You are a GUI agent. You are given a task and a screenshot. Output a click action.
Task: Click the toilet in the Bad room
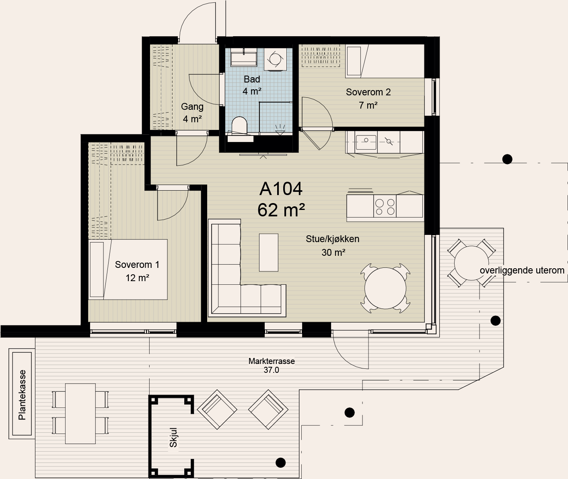point(239,125)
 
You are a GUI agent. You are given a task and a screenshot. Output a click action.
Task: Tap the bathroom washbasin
point(244,58)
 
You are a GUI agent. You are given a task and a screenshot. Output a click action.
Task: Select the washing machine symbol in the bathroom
point(275,59)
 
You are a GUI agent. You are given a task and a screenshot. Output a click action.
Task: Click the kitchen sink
point(366,142)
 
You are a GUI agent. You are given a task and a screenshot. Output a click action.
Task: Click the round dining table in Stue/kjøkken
point(385,288)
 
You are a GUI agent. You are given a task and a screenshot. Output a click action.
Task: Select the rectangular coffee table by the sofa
point(268,253)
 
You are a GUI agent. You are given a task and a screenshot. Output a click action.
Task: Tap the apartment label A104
point(281,189)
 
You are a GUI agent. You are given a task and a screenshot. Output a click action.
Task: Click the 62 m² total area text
point(281,210)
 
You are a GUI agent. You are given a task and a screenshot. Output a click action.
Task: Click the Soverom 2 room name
point(368,92)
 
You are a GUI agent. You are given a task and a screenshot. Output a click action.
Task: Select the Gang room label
point(192,106)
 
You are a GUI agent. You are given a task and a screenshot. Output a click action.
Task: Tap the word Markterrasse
point(272,361)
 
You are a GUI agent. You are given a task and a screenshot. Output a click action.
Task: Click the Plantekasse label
point(22,395)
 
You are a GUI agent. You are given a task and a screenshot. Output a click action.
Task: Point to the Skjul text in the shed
point(173,438)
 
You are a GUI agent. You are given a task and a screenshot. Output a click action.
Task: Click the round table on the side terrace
point(471,263)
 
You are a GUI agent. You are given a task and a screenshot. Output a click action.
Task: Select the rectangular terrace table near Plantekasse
point(80,413)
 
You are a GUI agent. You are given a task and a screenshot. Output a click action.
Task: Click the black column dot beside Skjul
point(280,463)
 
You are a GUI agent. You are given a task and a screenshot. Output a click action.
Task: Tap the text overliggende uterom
point(522,271)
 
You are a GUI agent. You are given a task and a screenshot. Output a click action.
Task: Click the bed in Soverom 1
point(128,269)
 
